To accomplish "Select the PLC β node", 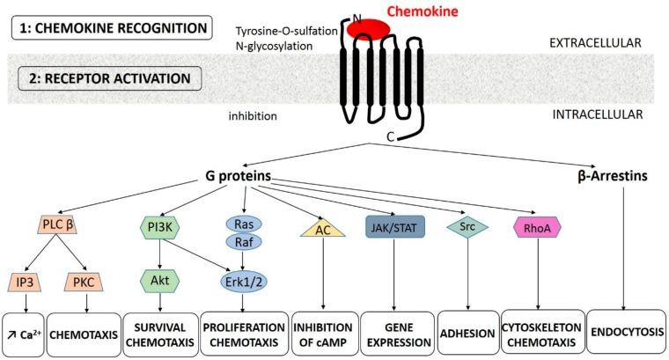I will (66, 225).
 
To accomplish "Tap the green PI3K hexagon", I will (159, 225).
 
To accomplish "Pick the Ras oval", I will (240, 224).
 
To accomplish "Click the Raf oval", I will (240, 241).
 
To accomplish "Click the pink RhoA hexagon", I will (536, 226).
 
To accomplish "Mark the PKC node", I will (88, 283).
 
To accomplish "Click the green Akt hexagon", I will (159, 283).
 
